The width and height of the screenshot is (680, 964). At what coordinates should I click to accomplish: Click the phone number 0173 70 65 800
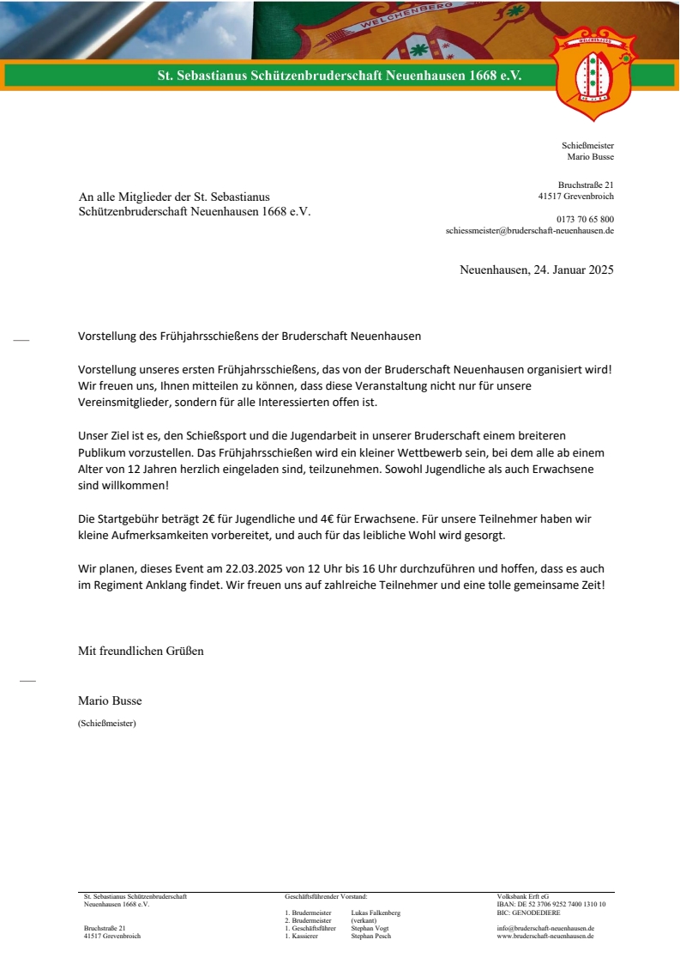coord(585,220)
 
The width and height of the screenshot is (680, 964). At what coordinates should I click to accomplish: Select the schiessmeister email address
coord(529,231)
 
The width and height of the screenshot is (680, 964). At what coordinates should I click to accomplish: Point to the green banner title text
coord(340,76)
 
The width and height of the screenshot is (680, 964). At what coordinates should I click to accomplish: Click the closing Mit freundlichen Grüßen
coord(141,651)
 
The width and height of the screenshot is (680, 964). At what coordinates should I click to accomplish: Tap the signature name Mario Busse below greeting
coord(110,700)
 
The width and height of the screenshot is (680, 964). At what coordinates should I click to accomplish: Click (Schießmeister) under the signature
coord(106,723)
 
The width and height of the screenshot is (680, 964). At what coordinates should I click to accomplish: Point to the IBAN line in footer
coord(551,905)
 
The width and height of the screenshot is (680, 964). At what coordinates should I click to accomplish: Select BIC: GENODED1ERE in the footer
coord(528,912)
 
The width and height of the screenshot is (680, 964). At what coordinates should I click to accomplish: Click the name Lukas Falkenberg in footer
coord(376,912)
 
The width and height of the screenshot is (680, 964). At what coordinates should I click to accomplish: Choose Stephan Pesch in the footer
coord(370,937)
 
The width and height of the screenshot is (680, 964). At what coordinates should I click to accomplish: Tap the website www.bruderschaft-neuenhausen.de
coord(545,937)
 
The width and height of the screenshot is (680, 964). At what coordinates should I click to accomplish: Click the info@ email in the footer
coord(545,928)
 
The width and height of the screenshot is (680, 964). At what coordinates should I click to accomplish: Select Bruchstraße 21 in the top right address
coord(586,185)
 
